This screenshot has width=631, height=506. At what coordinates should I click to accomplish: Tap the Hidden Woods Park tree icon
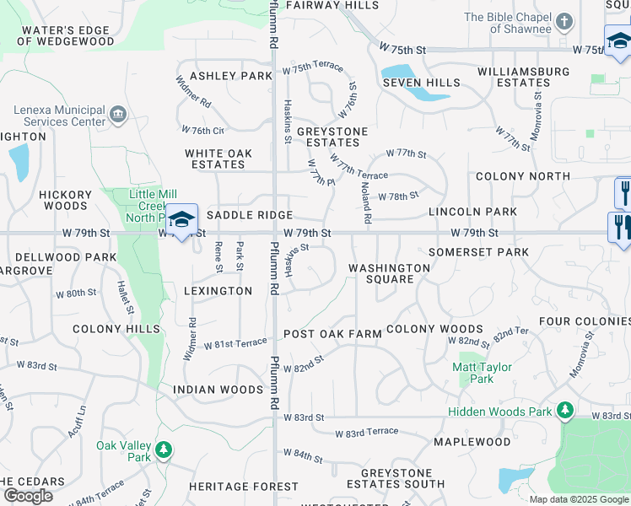[x=564, y=411]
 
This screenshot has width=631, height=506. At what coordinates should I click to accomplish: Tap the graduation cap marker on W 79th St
[x=181, y=220]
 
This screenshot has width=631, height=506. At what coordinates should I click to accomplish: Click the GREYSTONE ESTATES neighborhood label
[x=332, y=137]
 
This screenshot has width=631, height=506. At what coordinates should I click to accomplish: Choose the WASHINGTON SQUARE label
[x=390, y=273]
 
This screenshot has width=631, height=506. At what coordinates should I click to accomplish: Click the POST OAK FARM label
[x=332, y=334]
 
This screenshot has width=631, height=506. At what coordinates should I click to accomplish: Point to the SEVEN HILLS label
[x=422, y=83]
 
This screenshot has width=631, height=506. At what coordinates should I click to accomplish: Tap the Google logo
[x=28, y=496]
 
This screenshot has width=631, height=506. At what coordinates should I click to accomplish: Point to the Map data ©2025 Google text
[x=578, y=499]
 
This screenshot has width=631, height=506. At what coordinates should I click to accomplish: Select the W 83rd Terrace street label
[x=366, y=432]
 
